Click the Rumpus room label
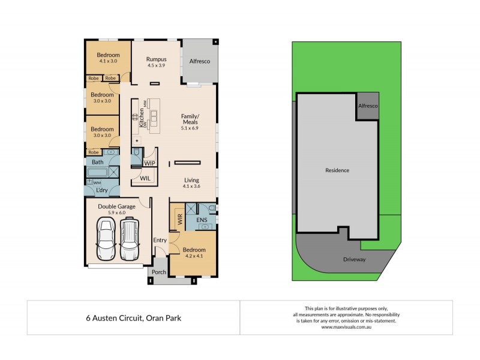click(156, 59)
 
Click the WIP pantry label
click(149, 163)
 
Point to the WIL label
click(145, 178)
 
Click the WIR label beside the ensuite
click(179, 219)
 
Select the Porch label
click(159, 272)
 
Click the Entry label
click(160, 241)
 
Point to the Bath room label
click(97, 162)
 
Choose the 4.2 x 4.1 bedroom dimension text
click(194, 256)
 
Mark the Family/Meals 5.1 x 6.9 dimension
click(190, 128)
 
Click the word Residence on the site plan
click(337, 170)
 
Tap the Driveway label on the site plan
click(354, 259)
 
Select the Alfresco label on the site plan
click(367, 106)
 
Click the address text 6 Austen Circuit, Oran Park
click(134, 318)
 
